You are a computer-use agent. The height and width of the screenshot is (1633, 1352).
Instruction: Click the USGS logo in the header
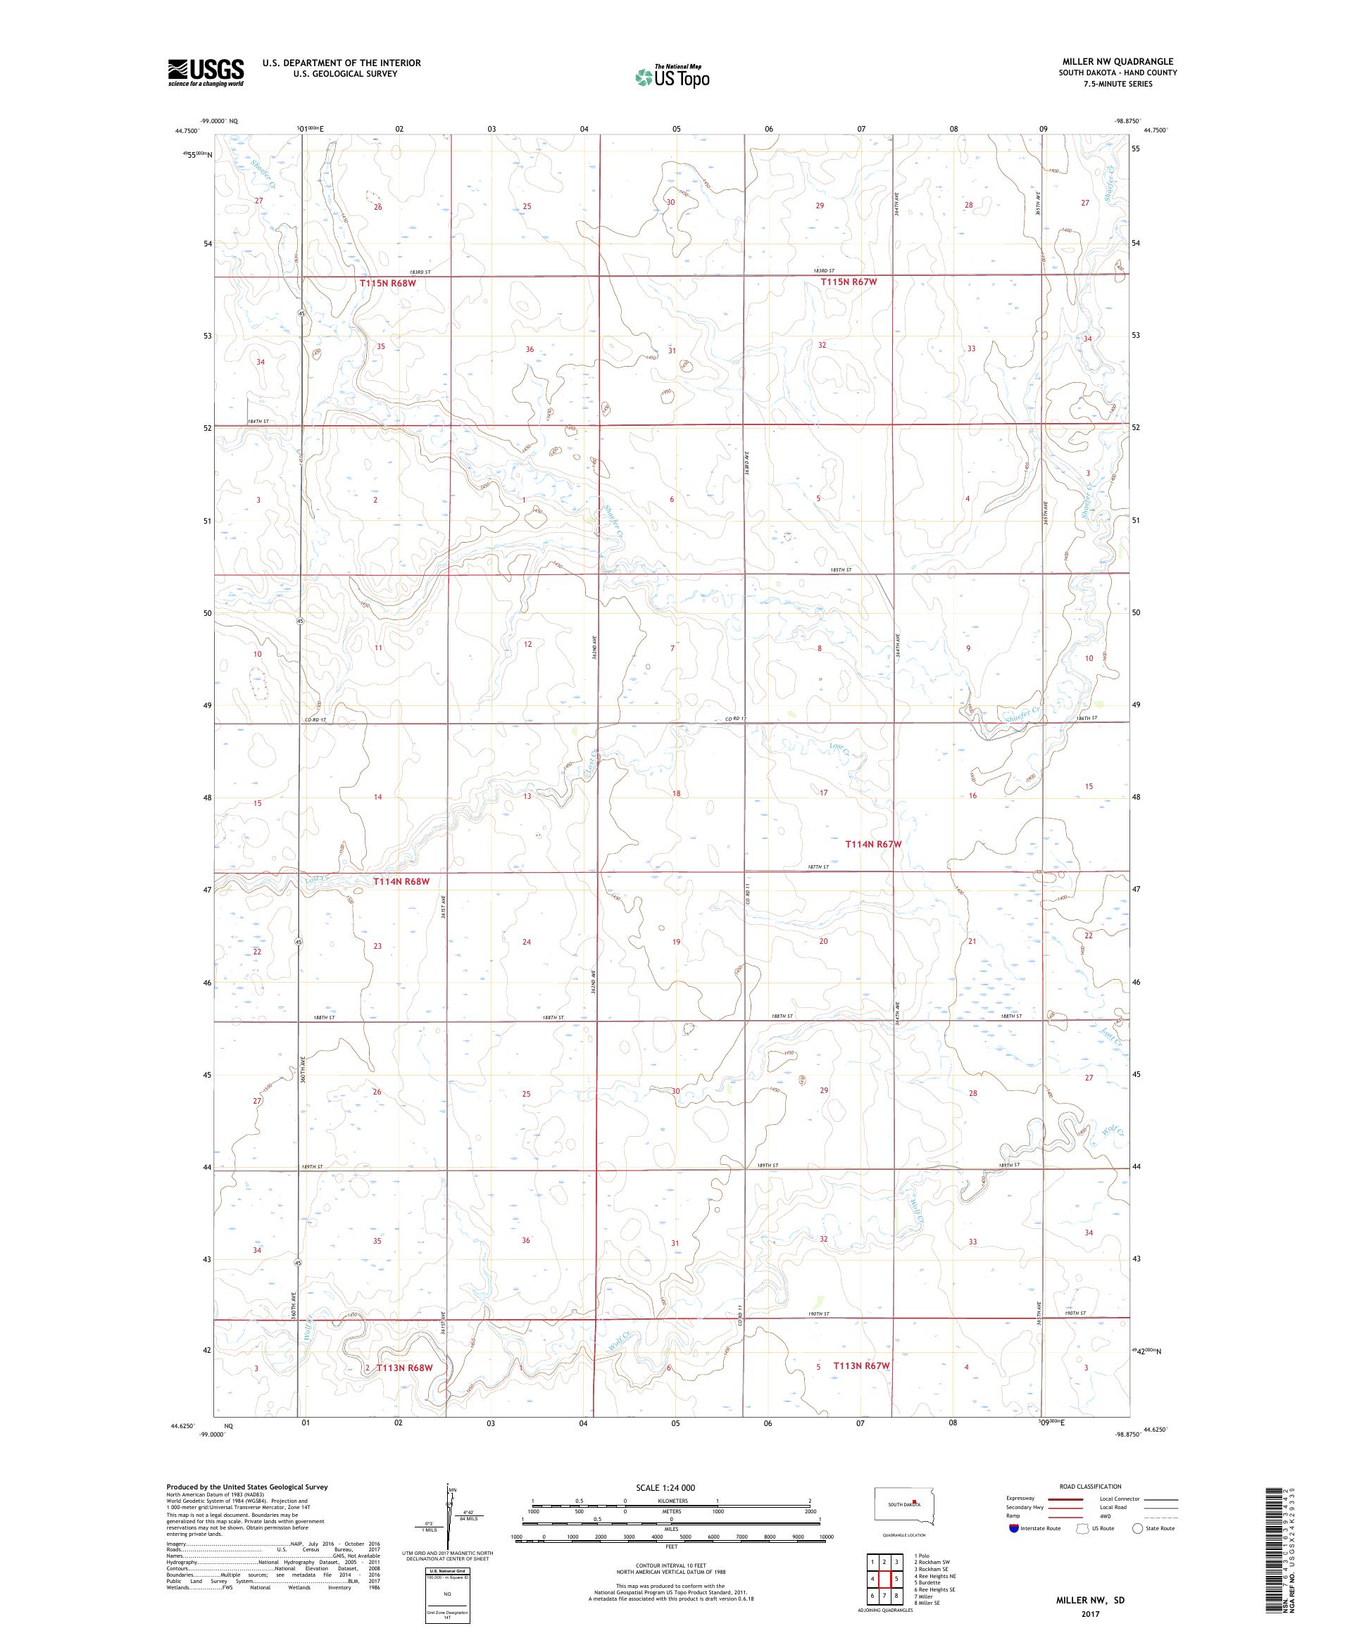[x=206, y=72]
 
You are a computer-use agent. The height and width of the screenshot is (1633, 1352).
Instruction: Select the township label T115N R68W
[x=388, y=284]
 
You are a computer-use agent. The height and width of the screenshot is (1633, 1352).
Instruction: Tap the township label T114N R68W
[x=401, y=881]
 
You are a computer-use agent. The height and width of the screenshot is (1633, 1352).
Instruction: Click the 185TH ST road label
[x=841, y=570]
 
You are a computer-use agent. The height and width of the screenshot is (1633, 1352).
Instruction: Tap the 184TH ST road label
[x=258, y=422]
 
